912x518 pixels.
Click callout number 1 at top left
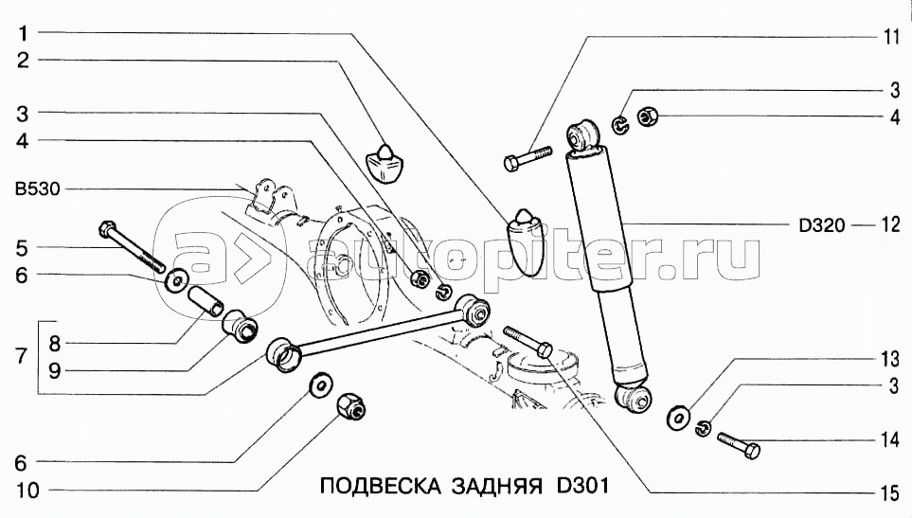pos(24,33)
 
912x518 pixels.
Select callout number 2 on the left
pos(24,60)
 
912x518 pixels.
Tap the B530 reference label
pos(37,189)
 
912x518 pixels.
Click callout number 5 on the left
pos(22,248)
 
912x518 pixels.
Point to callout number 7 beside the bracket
pos(22,355)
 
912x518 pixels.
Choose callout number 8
pos(54,343)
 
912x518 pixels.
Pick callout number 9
pos(54,370)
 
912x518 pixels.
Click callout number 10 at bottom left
pos(27,491)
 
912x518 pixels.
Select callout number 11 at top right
pos(891,37)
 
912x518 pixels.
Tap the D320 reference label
pos(821,225)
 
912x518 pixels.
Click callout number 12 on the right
pos(890,224)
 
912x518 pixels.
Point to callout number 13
pos(890,359)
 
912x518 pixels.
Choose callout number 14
pos(890,439)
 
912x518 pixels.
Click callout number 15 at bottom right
pos(890,493)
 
